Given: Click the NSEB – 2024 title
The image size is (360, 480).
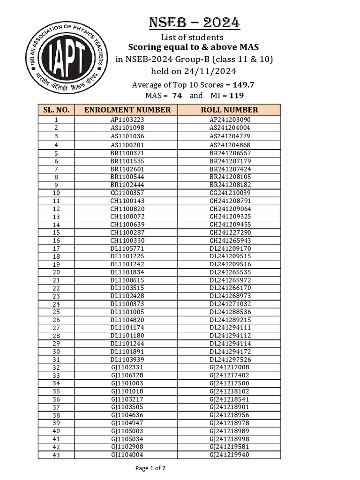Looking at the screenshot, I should (195, 22).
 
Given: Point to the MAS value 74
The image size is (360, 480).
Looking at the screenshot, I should (177, 96).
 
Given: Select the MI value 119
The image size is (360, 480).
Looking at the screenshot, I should (236, 96).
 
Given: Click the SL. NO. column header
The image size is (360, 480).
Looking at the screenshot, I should (56, 110).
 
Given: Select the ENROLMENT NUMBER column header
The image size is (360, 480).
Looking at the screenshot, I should (127, 110).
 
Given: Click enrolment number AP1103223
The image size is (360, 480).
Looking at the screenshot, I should (127, 120).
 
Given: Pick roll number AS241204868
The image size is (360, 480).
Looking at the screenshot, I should (230, 145).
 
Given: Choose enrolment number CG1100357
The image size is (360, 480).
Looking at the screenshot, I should (127, 193).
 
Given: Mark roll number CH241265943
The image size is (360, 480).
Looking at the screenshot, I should (230, 240).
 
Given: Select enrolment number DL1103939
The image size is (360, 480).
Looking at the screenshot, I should (127, 360).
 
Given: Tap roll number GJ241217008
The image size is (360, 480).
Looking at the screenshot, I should (230, 367).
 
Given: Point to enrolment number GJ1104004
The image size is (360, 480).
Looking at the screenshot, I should (127, 455).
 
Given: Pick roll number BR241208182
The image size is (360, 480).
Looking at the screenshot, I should (230, 185).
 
